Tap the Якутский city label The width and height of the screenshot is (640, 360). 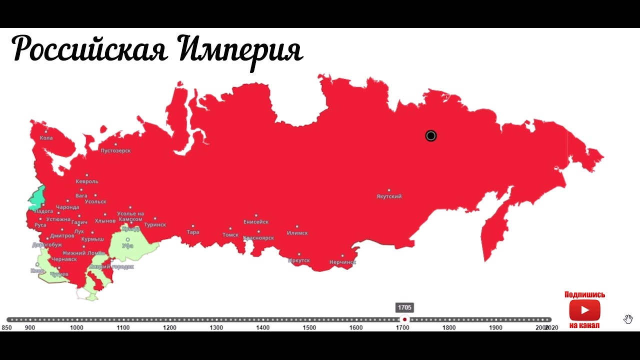[x=389, y=196]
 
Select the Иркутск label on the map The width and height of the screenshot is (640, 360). [x=299, y=260]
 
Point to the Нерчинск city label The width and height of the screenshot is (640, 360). [x=342, y=262]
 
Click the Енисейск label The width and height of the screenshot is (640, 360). [x=256, y=221]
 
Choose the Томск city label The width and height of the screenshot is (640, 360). [x=230, y=234]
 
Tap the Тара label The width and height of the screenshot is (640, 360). [x=193, y=232]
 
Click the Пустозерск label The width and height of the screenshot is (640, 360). [x=115, y=150]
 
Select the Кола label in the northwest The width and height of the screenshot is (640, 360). [x=46, y=138]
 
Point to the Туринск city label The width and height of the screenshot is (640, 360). [x=155, y=225]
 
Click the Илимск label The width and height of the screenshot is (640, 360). [x=297, y=233]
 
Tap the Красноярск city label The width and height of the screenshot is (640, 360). [x=258, y=238]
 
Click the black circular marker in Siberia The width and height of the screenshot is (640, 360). [x=431, y=136]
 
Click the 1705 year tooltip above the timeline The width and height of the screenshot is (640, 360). [x=405, y=307]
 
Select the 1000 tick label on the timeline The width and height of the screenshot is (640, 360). [x=76, y=328]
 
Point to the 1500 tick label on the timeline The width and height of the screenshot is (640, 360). [x=309, y=328]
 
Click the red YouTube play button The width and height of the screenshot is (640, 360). [x=584, y=310]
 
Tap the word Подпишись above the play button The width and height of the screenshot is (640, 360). [x=584, y=295]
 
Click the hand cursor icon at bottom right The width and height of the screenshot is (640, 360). [x=628, y=319]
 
